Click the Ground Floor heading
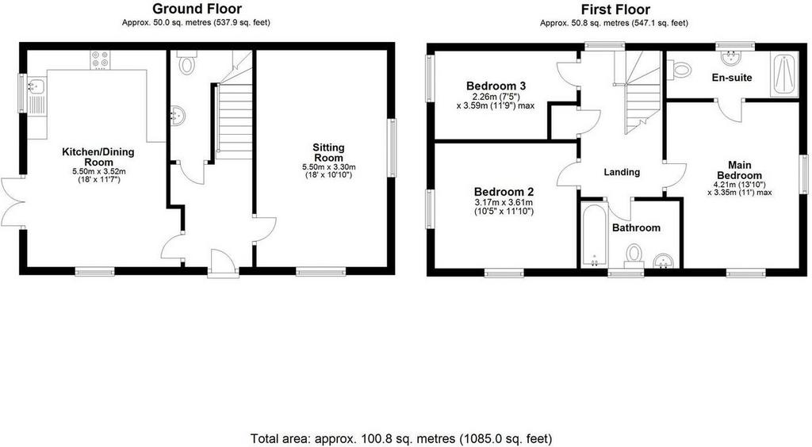tap(197, 9)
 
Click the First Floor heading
tap(615, 10)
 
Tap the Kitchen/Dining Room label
tap(98, 157)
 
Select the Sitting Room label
tap(328, 152)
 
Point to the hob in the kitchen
tap(101, 59)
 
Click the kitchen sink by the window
tap(36, 96)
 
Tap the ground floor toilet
tap(186, 62)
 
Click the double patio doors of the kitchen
tap(13, 202)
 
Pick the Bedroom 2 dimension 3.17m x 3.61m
tap(504, 202)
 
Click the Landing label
tap(622, 172)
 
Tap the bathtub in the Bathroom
tap(594, 235)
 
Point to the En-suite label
tap(732, 78)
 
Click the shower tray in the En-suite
tap(784, 74)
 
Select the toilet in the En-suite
tap(679, 69)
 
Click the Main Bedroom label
tap(740, 170)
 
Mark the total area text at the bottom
tap(401, 439)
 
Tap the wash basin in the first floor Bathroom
tap(664, 262)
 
